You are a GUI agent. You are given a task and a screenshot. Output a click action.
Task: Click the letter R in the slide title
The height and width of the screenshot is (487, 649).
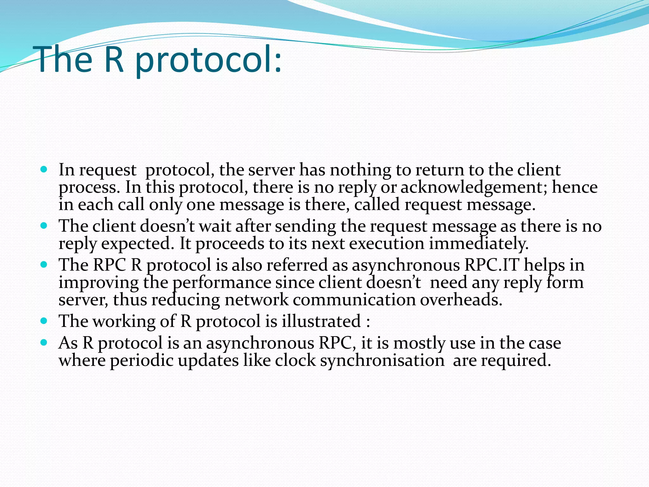click(114, 60)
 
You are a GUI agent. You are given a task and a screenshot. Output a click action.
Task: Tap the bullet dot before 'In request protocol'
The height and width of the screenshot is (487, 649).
click(44, 169)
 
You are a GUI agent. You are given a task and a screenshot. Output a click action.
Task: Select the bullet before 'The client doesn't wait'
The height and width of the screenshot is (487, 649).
click(44, 226)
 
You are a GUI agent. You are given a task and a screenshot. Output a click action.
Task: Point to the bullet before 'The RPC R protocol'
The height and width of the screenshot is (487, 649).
click(44, 264)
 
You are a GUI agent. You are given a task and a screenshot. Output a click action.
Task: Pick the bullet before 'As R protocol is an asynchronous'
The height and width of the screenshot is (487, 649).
click(44, 343)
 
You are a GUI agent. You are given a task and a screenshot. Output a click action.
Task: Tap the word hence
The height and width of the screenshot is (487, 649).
click(575, 187)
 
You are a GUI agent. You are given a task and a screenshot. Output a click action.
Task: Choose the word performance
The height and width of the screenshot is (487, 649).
click(222, 282)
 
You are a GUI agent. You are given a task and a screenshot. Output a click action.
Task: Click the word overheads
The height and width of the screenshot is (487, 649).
click(461, 300)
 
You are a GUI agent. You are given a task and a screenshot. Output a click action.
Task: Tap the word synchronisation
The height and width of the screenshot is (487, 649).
click(382, 360)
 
